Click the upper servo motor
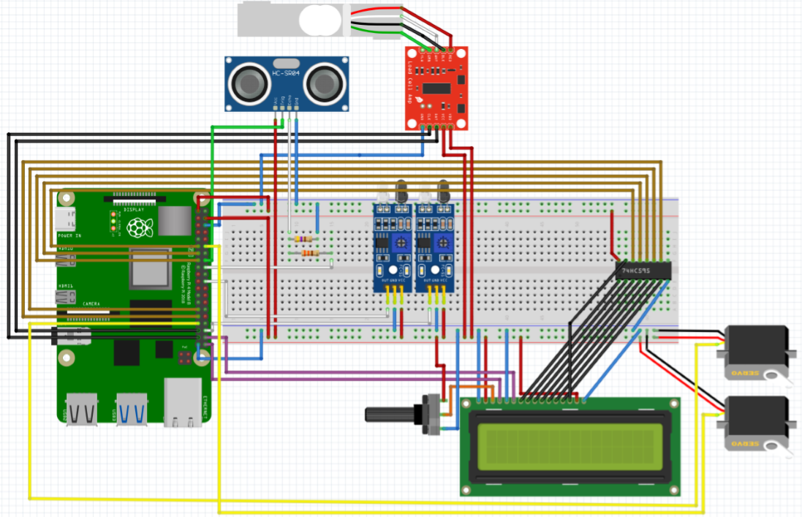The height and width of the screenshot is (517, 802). click(756, 352)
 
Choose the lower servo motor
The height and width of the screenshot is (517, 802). click(756, 424)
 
